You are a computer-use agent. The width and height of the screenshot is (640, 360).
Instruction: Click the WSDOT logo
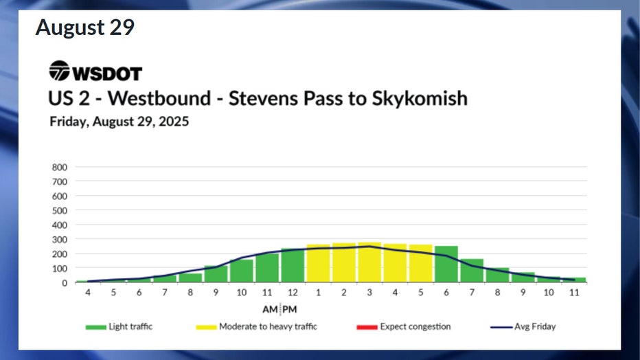pyautogui.click(x=95, y=71)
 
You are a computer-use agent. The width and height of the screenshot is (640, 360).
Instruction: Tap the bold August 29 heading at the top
pyautogui.click(x=85, y=28)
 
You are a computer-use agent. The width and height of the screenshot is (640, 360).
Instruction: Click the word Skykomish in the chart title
pyautogui.click(x=420, y=98)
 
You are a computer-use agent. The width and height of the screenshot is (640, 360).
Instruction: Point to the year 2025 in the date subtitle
pyautogui.click(x=174, y=122)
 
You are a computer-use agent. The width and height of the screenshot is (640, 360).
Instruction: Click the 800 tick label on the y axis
pyautogui.click(x=60, y=167)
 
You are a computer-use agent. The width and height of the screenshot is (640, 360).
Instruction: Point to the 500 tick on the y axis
pyautogui.click(x=60, y=210)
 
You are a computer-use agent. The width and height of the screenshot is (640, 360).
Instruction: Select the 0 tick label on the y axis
pyautogui.click(x=65, y=282)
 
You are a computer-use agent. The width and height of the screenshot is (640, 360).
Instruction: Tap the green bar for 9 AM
pyautogui.click(x=216, y=273)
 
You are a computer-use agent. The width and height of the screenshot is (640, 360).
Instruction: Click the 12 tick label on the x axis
pyautogui.click(x=293, y=293)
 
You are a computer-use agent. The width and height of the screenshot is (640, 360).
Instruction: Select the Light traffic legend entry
pyautogui.click(x=119, y=326)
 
